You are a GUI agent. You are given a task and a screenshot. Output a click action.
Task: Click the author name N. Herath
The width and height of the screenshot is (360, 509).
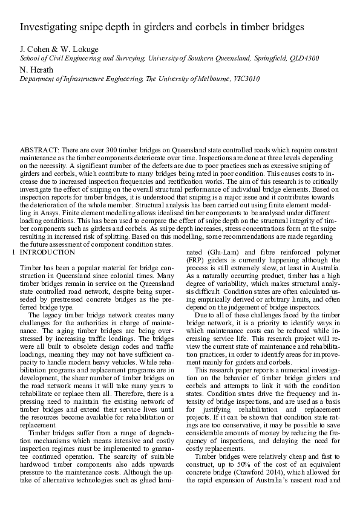[37, 70]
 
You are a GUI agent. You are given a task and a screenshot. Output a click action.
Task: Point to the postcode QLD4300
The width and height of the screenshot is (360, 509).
[305, 59]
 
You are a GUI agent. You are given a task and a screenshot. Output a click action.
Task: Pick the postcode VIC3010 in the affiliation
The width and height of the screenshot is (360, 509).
[246, 79]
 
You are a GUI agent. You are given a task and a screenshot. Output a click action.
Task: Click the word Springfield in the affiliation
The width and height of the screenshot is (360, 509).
[272, 59]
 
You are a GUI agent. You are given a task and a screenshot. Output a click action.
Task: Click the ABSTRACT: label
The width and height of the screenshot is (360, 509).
[39, 149]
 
